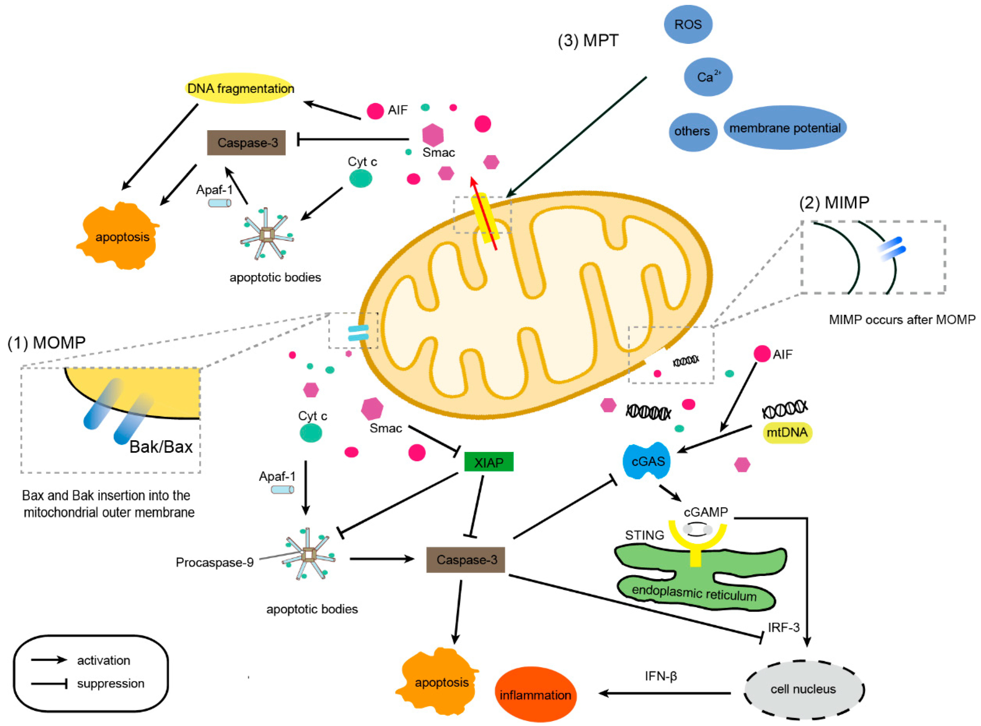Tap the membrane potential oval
pyautogui.click(x=785, y=128)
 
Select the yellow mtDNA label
pyautogui.click(x=787, y=432)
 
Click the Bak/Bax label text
pyautogui.click(x=161, y=447)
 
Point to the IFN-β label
pyautogui.click(x=661, y=676)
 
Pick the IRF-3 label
pyautogui.click(x=784, y=628)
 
